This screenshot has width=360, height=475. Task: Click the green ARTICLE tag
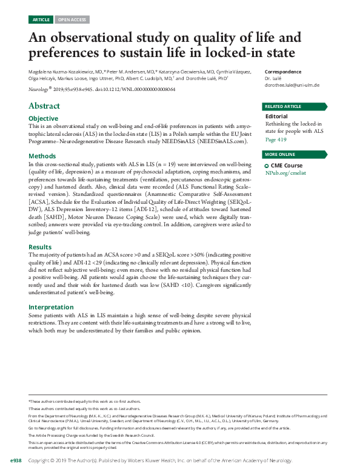[41, 19]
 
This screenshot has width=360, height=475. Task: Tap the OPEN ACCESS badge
[72, 19]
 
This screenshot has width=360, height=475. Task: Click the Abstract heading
[44, 106]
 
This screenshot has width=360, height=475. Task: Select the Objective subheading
[44, 118]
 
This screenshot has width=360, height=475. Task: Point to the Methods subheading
[42, 156]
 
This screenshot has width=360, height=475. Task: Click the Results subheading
[41, 247]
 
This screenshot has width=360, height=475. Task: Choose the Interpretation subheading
[51, 307]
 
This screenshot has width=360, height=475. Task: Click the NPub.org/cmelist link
[288, 173]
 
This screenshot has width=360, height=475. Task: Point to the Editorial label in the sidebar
[278, 116]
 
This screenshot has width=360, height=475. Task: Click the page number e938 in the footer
[12, 461]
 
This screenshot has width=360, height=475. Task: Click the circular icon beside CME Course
[267, 166]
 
